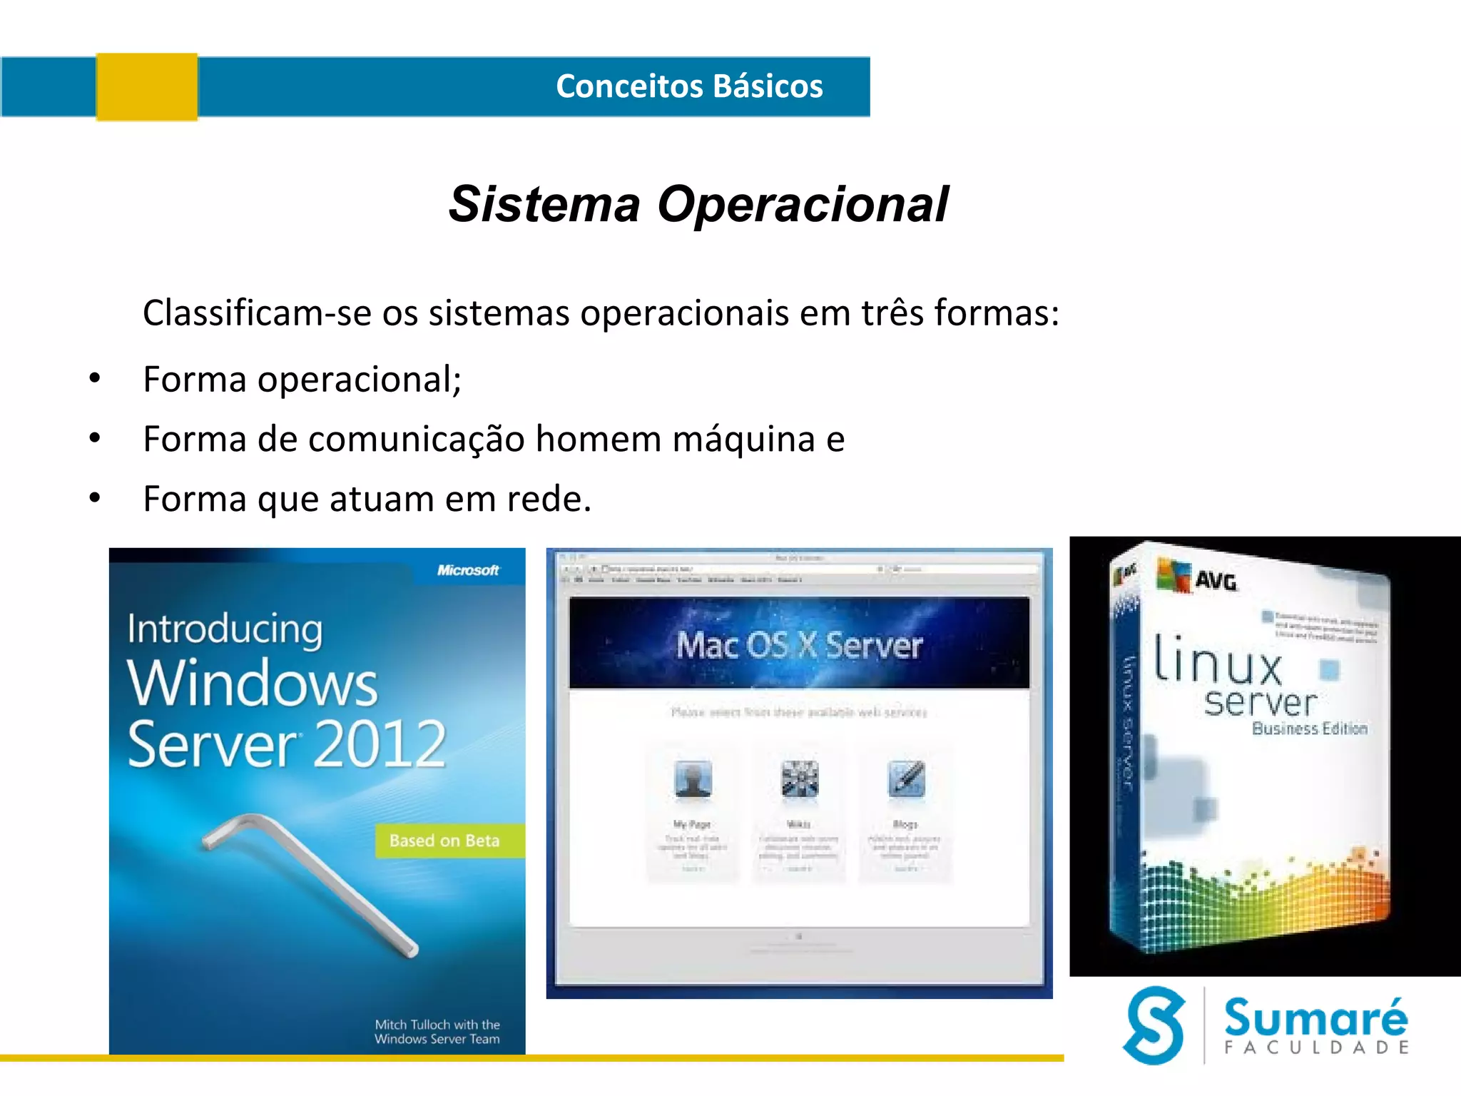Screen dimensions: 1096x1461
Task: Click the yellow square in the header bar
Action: click(x=147, y=87)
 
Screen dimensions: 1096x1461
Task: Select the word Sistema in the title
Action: click(x=544, y=205)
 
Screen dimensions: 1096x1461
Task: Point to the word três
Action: click(x=893, y=313)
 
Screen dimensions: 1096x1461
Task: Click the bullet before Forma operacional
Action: click(x=95, y=379)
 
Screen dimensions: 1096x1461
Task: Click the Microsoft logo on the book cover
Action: click(x=468, y=570)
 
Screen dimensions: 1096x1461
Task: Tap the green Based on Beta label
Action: click(x=445, y=841)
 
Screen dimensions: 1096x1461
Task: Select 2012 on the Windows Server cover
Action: click(x=380, y=744)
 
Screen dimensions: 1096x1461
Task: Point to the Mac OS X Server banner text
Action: click(x=799, y=646)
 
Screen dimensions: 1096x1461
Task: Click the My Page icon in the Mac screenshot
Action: click(x=693, y=778)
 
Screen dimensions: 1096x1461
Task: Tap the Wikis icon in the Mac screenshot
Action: click(x=799, y=778)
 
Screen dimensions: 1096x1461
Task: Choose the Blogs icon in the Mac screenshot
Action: click(x=906, y=778)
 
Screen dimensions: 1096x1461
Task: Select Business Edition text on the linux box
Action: click(x=1310, y=729)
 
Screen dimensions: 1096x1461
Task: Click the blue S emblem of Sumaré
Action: click(x=1154, y=1025)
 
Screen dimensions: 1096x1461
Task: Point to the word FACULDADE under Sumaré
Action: click(x=1317, y=1047)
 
